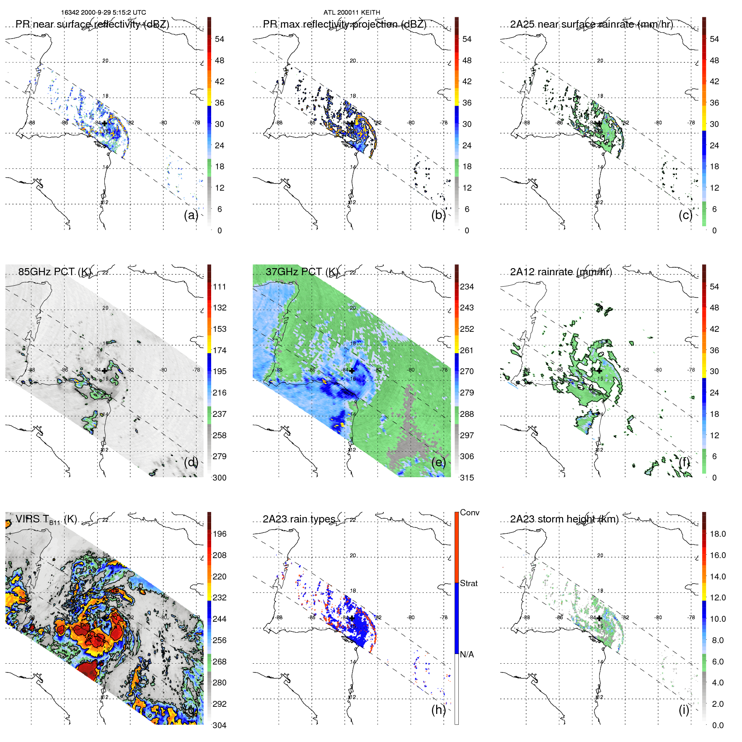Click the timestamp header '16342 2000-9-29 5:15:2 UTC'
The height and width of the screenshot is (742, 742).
(x=103, y=13)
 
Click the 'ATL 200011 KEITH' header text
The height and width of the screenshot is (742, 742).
(x=352, y=13)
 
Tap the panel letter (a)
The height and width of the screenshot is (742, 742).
(x=191, y=215)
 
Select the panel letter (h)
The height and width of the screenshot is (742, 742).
(x=438, y=710)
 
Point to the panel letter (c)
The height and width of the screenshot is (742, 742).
(x=685, y=215)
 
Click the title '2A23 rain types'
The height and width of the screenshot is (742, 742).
(x=299, y=519)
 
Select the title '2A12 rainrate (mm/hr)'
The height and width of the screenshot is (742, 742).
(x=561, y=271)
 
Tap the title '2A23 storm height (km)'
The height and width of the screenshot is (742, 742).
(x=564, y=519)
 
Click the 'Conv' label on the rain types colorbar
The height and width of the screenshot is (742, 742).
(x=469, y=512)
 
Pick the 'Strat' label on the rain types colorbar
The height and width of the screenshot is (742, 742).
(x=468, y=583)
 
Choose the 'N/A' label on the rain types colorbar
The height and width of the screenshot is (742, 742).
(x=467, y=654)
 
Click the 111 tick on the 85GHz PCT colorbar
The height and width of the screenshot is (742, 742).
(x=220, y=287)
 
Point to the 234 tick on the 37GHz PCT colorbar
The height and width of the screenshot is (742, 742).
(x=467, y=287)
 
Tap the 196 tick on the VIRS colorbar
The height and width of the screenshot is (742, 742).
(x=220, y=534)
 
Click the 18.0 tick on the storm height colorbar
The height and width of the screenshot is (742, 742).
(x=717, y=534)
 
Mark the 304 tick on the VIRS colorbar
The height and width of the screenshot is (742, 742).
(x=220, y=725)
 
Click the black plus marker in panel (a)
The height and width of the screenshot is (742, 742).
(x=104, y=123)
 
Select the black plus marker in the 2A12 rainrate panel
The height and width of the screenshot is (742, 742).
(x=600, y=371)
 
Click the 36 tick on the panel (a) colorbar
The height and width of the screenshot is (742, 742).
(x=220, y=103)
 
